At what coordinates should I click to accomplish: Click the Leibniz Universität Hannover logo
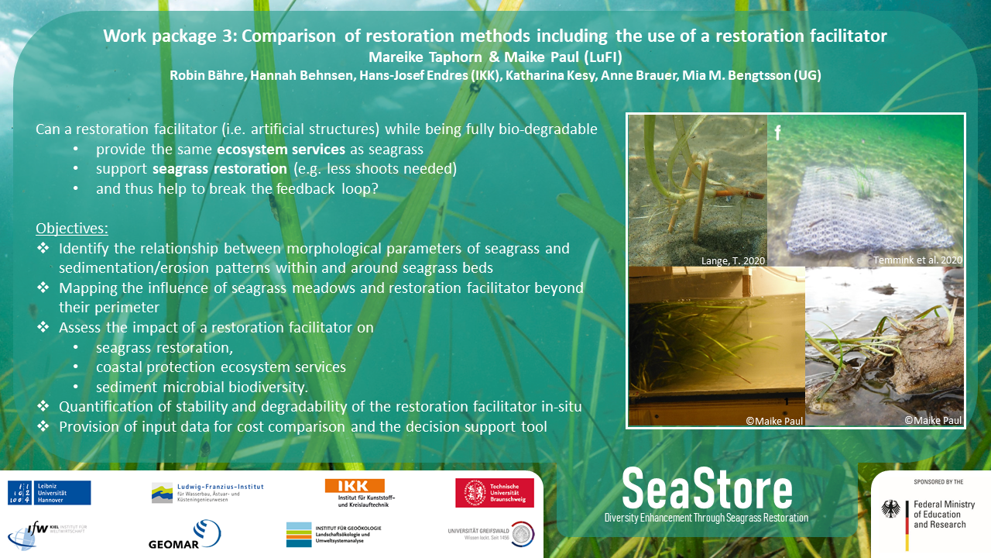(x=49, y=493)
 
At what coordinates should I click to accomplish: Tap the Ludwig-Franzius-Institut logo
(x=207, y=493)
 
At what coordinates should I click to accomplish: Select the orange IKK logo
(x=360, y=493)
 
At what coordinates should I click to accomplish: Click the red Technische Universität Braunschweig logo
(x=495, y=493)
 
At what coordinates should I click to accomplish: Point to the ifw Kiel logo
(x=47, y=535)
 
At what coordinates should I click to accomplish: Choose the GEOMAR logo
(x=185, y=535)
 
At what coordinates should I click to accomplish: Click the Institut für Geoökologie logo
(x=334, y=535)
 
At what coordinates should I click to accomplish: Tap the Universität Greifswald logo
(x=491, y=534)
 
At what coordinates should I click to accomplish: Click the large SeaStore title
(x=707, y=489)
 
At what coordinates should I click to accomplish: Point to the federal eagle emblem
(x=890, y=509)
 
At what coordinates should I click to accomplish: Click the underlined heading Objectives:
(x=72, y=228)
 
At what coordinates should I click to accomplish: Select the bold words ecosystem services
(x=281, y=150)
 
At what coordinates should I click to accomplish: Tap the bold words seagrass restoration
(x=220, y=169)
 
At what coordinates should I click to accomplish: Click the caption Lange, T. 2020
(x=733, y=261)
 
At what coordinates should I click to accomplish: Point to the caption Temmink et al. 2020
(x=917, y=260)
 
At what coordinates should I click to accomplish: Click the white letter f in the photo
(x=777, y=132)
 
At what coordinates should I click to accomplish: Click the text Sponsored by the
(x=938, y=482)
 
